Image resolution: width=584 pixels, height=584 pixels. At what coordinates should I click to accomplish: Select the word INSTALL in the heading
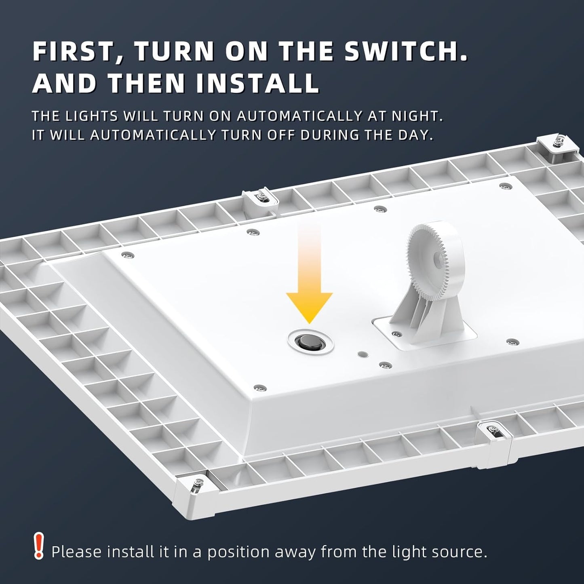tap(257, 83)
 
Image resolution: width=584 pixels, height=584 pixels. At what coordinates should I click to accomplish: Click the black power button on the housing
tap(307, 342)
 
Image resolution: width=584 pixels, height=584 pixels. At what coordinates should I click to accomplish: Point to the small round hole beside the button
tap(363, 354)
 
